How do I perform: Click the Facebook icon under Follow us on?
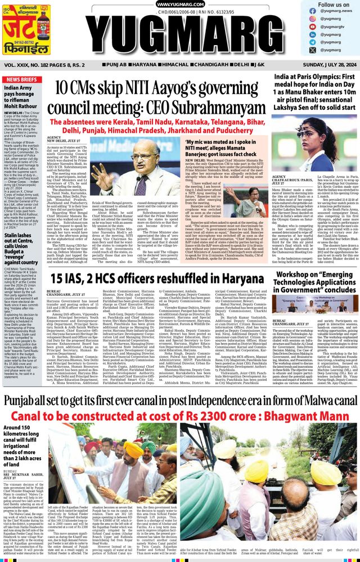point(312,18)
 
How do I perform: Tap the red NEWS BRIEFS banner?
point(21,80)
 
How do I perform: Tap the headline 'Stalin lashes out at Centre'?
point(21,247)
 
